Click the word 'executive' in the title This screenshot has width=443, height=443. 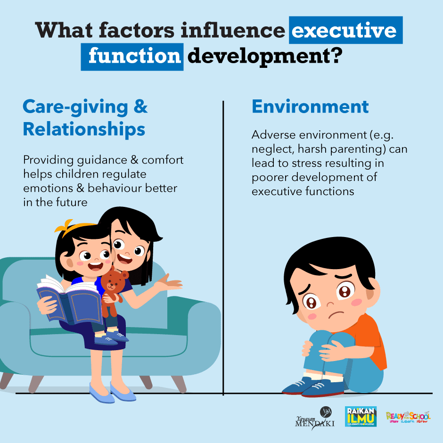pos(344,30)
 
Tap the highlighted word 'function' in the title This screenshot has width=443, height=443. pos(134,56)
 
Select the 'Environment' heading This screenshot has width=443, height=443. pos(310,107)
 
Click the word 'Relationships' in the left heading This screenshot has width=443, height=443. pos(84,130)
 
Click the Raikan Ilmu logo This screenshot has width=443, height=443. pos(361,416)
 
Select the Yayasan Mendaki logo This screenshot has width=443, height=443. pos(315,418)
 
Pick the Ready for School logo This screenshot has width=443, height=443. pos(408,417)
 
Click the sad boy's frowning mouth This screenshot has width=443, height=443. pos(336,313)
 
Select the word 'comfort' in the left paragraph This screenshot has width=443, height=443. pos(163,160)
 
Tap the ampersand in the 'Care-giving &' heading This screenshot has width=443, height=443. pos(140,106)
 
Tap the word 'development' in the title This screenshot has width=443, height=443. pos(258,57)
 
